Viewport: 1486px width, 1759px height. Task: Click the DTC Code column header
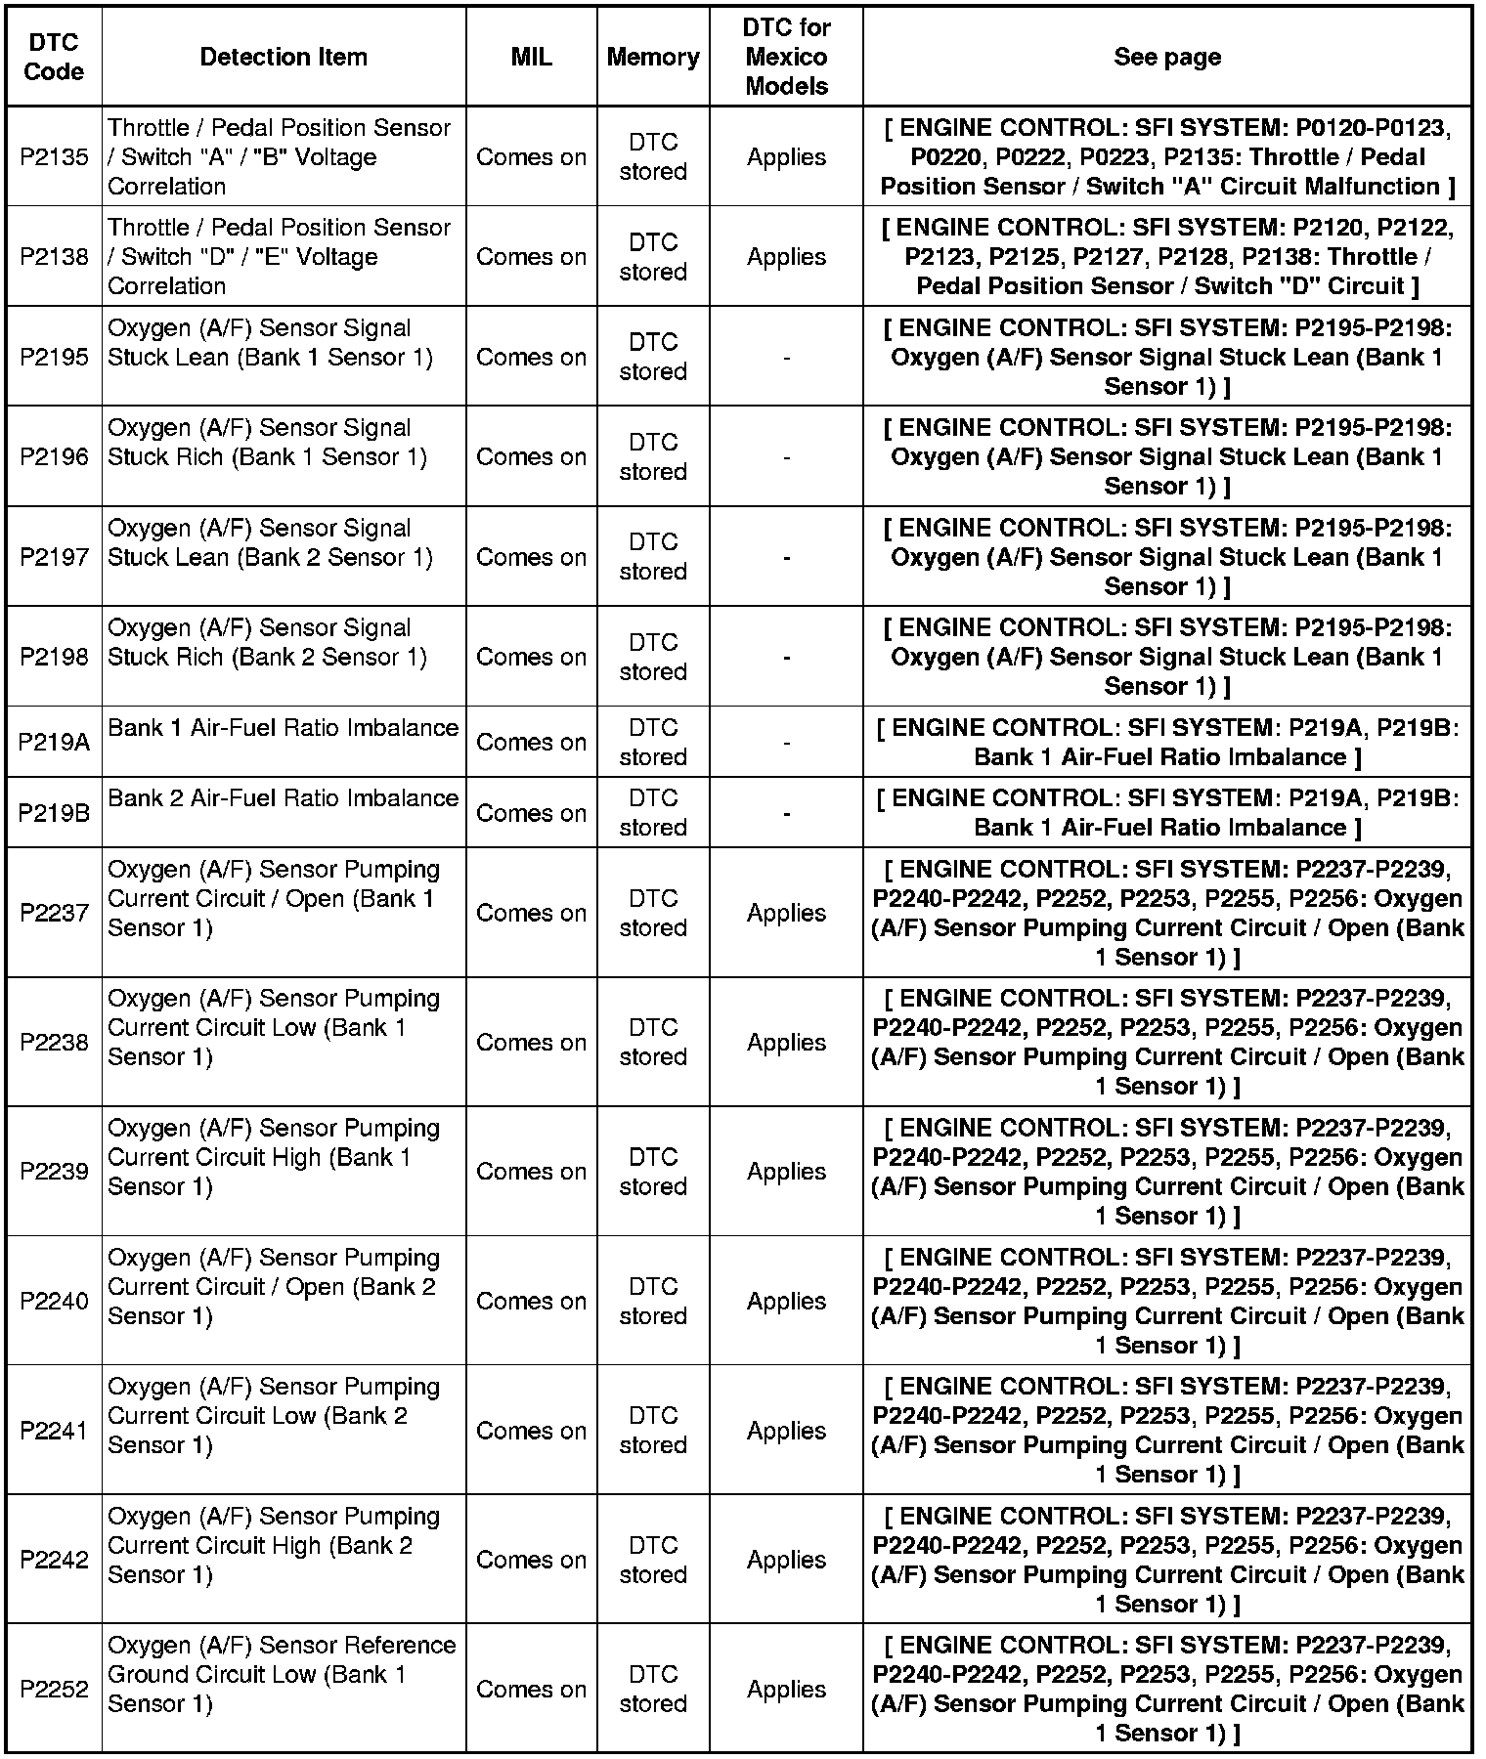pyautogui.click(x=54, y=57)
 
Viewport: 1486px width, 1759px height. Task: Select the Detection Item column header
pyautogui.click(x=284, y=57)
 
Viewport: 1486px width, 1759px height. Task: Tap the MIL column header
pyautogui.click(x=531, y=57)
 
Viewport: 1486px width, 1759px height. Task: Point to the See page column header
pyautogui.click(x=1167, y=57)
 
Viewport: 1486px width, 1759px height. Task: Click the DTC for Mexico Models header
pyautogui.click(x=786, y=57)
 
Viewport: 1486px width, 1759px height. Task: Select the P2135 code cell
pyautogui.click(x=54, y=157)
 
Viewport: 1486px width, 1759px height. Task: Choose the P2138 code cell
pyautogui.click(x=54, y=257)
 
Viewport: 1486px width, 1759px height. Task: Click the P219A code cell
pyautogui.click(x=54, y=743)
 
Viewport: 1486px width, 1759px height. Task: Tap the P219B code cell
pyautogui.click(x=54, y=813)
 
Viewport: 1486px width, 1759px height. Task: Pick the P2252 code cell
pyautogui.click(x=54, y=1690)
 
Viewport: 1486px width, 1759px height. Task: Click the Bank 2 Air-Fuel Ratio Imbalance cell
pyautogui.click(x=283, y=798)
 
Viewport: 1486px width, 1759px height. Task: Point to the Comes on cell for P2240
pyautogui.click(x=531, y=1302)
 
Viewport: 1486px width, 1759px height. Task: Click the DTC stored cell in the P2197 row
pyautogui.click(x=653, y=557)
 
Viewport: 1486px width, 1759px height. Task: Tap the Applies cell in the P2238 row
pyautogui.click(x=786, y=1043)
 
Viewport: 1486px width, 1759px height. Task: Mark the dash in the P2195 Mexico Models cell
pyautogui.click(x=786, y=359)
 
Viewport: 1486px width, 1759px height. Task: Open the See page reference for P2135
pyautogui.click(x=1167, y=157)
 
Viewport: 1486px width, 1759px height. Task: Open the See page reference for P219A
pyautogui.click(x=1167, y=743)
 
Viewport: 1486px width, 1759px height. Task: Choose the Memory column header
pyautogui.click(x=653, y=57)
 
